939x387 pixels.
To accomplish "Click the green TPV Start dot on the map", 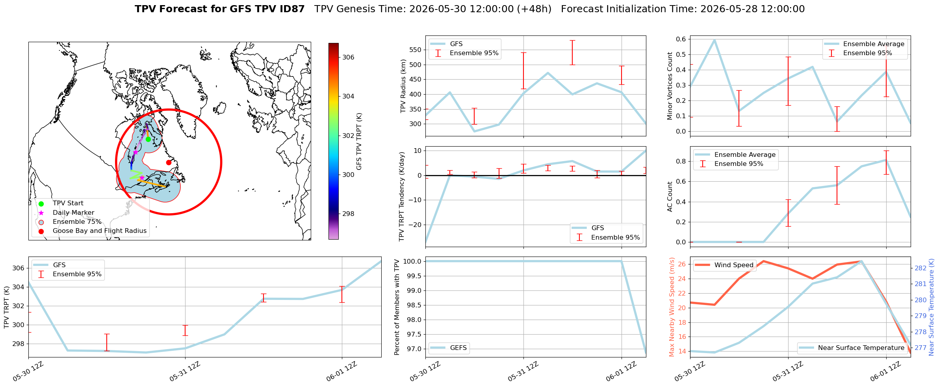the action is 148,139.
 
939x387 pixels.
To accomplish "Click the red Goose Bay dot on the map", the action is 169,162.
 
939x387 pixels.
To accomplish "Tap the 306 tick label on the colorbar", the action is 348,57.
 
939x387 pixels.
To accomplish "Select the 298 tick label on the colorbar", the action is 348,214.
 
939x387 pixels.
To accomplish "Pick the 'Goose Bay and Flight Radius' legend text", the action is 100,231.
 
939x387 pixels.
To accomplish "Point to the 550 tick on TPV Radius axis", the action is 416,50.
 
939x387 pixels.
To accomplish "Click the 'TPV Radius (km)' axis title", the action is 403,86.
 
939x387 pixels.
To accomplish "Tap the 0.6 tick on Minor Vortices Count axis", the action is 681,39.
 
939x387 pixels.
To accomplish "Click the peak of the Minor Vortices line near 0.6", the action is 714,40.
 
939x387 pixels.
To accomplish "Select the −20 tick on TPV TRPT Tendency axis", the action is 415,225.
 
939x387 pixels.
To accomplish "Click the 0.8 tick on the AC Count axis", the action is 681,161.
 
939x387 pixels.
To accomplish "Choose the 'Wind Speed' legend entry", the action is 724,265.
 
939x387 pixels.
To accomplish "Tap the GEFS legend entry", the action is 449,348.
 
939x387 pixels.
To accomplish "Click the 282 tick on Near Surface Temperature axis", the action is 920,268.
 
